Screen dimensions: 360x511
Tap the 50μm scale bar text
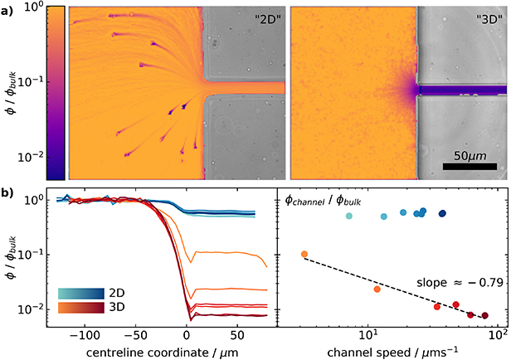[470, 154]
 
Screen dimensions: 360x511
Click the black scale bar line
[470, 167]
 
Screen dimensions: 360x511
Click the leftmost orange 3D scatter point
[304, 254]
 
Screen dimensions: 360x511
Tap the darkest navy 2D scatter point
[443, 213]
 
